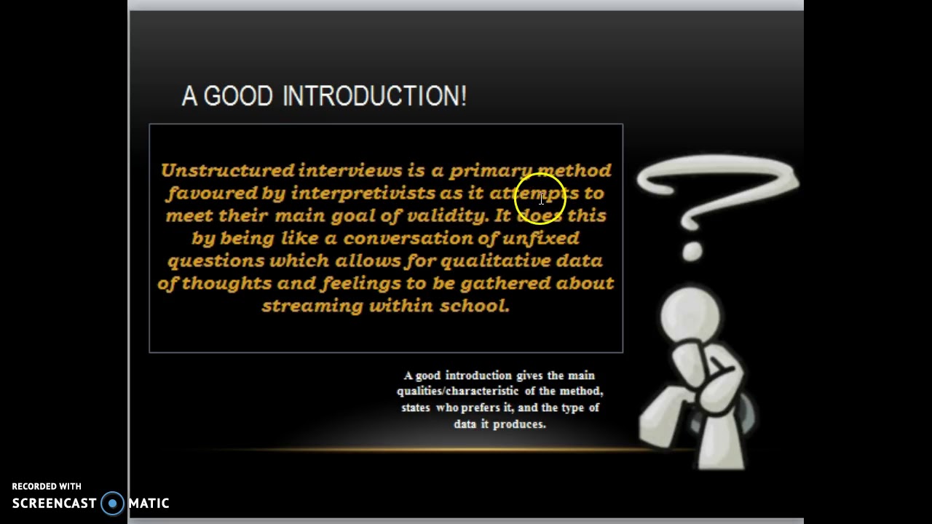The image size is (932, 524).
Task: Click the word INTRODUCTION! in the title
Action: click(374, 96)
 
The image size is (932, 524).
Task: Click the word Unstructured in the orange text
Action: click(226, 170)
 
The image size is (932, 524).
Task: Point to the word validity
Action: click(446, 215)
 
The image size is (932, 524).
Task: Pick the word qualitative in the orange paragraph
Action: click(495, 261)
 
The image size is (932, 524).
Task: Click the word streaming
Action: click(312, 306)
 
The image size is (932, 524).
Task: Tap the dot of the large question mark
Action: click(692, 252)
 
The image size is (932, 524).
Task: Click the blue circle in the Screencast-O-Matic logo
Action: click(113, 504)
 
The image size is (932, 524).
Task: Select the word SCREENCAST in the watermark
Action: click(54, 504)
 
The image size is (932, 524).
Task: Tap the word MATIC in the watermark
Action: click(149, 504)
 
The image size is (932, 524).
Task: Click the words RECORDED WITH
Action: click(47, 486)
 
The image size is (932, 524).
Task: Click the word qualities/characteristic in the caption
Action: click(457, 392)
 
